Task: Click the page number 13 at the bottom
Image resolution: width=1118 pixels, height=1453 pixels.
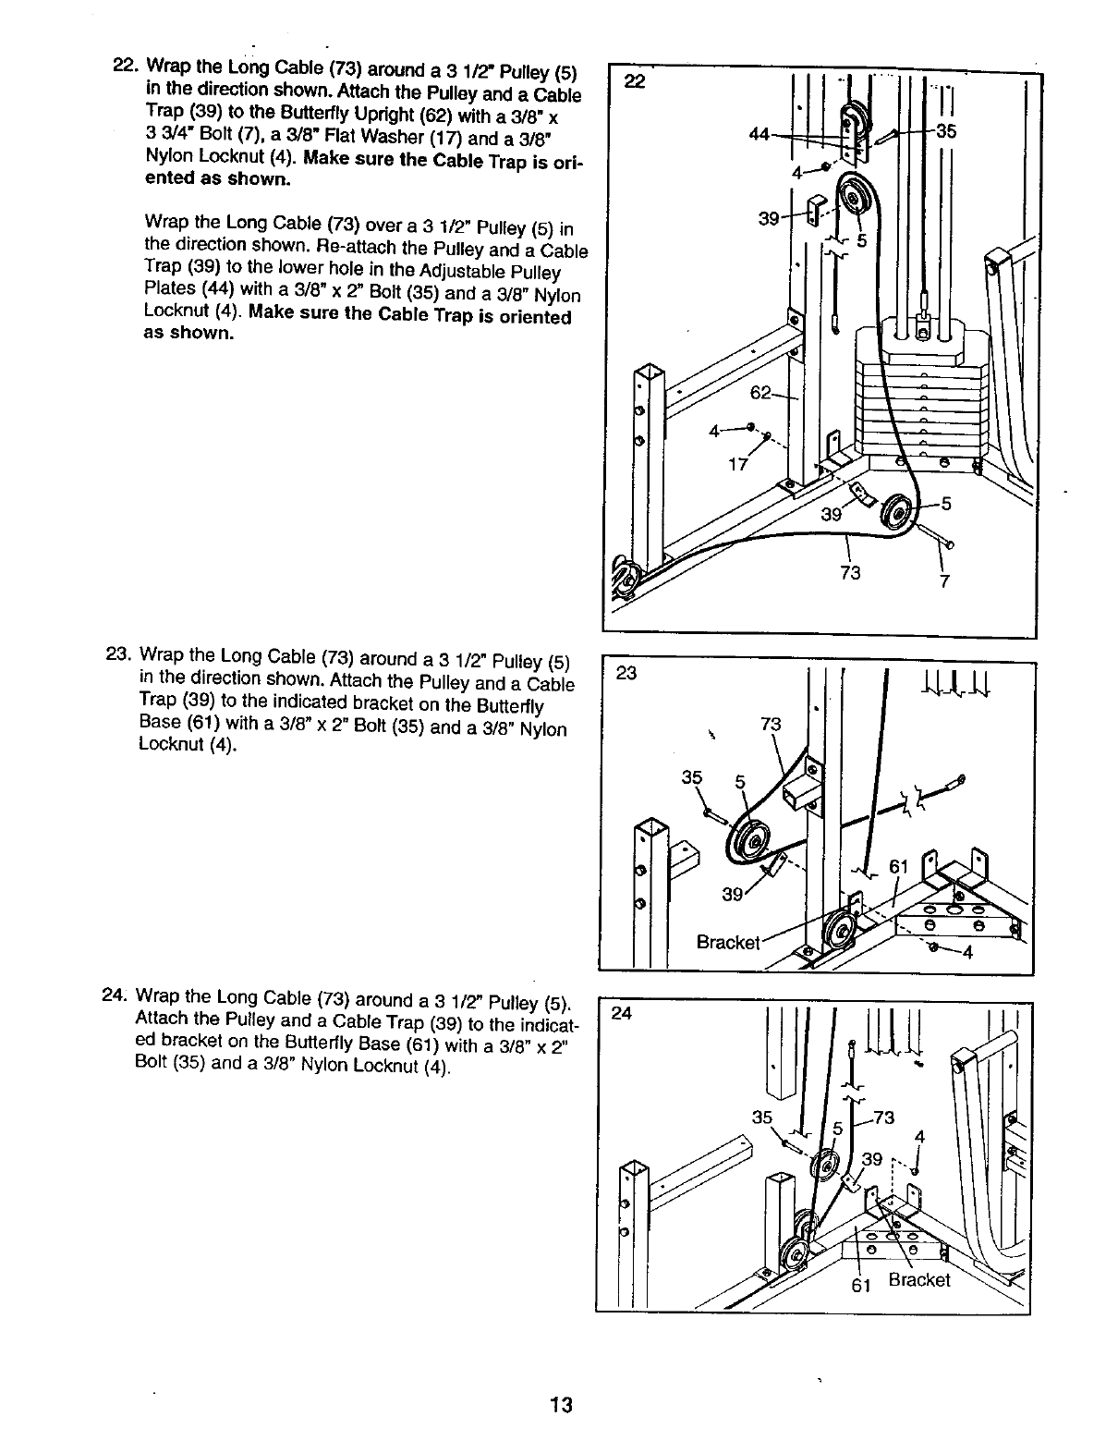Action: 560,1407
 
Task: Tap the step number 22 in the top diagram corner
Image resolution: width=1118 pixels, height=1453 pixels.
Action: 633,81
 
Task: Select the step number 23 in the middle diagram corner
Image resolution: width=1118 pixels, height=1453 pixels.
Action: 627,674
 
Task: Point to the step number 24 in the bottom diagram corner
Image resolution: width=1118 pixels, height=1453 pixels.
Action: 622,1014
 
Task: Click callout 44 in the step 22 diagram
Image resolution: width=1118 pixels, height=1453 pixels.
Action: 760,135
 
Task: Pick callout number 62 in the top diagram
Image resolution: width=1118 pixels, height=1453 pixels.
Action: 760,393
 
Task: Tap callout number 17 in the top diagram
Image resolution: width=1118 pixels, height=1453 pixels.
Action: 737,464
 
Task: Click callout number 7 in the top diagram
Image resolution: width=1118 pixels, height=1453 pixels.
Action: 945,581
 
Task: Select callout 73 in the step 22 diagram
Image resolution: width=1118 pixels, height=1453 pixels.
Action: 850,573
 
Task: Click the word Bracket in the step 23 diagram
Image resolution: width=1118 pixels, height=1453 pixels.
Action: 728,943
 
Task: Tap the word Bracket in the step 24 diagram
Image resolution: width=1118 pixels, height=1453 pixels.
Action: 918,1280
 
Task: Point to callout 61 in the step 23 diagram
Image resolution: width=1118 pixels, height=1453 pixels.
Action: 899,867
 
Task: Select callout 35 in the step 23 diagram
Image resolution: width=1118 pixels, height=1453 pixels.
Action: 691,778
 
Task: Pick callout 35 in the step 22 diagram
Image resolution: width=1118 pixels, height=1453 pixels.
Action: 946,130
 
